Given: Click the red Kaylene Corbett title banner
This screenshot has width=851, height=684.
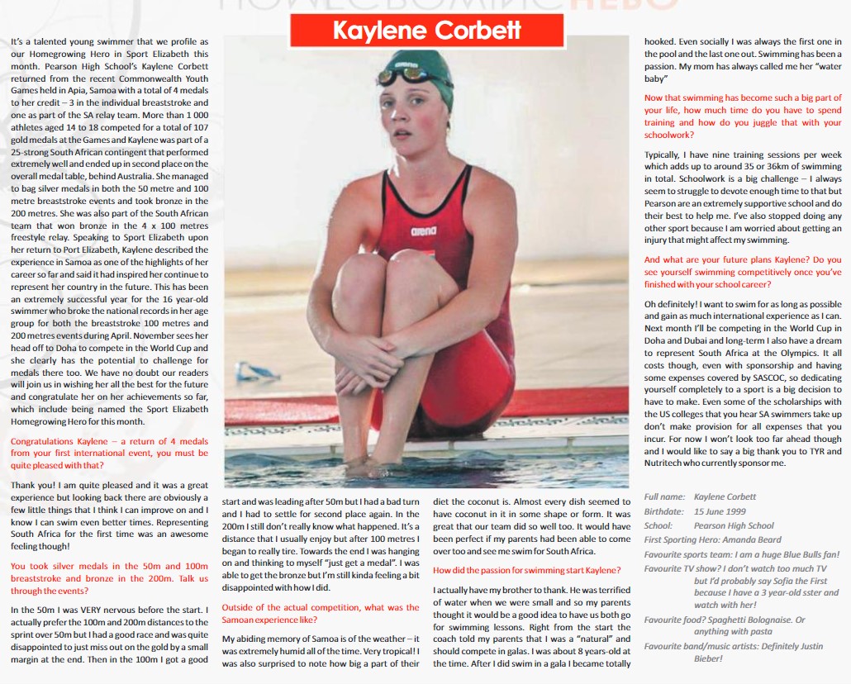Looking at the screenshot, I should coord(426,31).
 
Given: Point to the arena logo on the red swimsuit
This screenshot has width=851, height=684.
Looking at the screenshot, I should coord(423,232).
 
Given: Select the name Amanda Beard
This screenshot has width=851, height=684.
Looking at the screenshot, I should coord(754,539).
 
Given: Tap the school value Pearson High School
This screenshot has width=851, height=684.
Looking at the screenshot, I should coord(734,525).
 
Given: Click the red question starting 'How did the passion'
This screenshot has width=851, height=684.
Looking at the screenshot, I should coord(527,570).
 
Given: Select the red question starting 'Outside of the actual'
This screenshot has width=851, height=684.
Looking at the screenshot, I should coord(321,613).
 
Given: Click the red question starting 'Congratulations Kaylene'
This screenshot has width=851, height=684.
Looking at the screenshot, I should coord(109,453).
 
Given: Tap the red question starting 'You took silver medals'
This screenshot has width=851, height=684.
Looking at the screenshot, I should coord(109,578).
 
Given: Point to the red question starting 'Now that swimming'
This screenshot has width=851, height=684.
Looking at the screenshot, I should coord(743,116).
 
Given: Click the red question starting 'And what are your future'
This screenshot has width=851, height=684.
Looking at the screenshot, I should coord(743,272).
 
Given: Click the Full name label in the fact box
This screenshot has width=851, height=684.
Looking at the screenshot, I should coord(664,497).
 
